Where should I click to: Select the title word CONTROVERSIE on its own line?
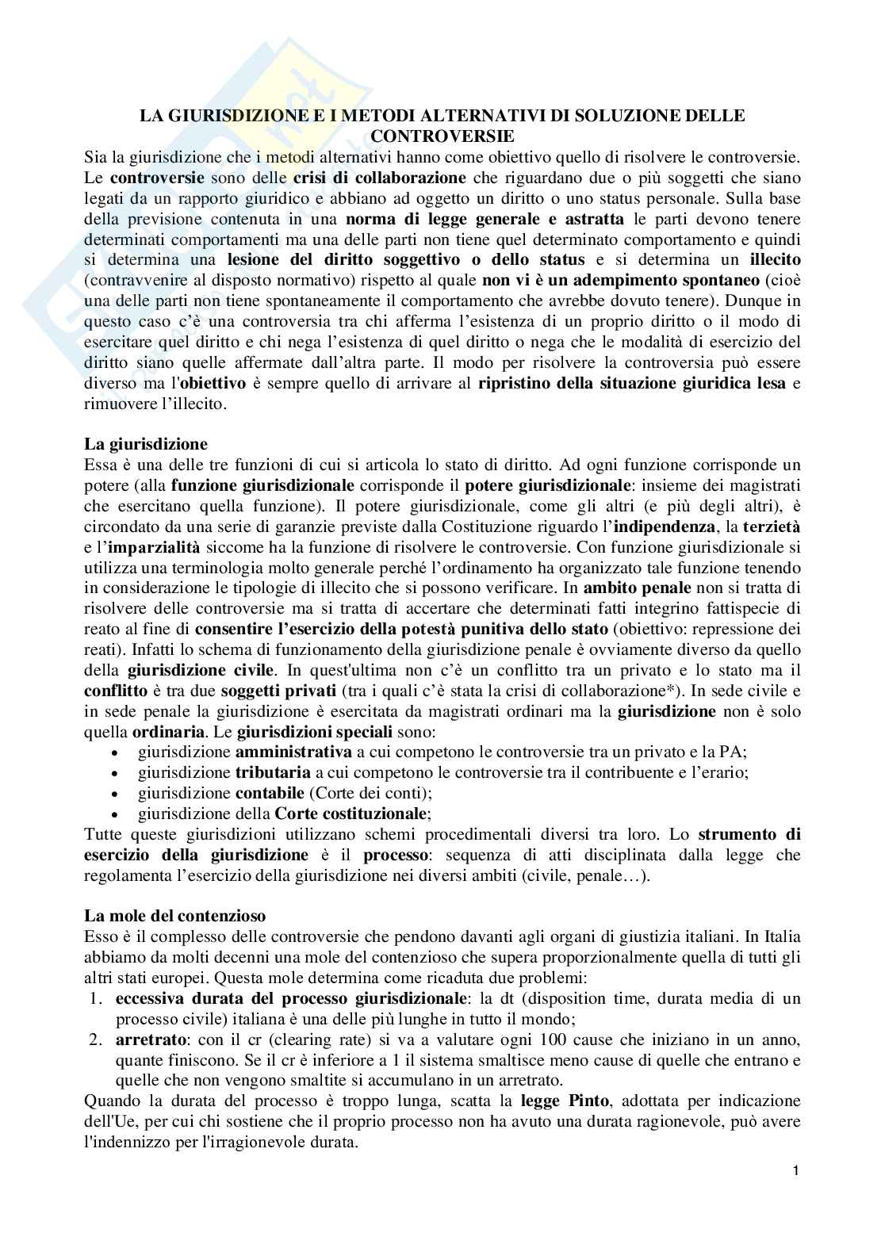pos(442,135)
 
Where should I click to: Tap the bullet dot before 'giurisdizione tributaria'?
pos(117,773)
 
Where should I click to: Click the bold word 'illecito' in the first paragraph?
pos(774,260)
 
